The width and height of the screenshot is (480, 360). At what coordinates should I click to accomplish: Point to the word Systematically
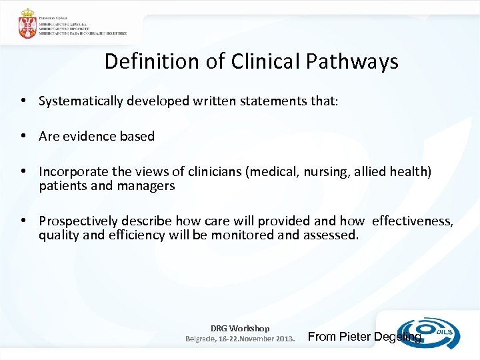click(83, 101)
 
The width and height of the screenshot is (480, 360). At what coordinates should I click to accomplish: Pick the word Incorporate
click(73, 173)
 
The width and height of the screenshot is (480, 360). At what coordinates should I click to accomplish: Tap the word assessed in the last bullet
click(331, 235)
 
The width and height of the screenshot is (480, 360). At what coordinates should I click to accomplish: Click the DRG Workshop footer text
click(240, 328)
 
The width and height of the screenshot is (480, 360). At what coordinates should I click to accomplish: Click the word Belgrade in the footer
click(199, 338)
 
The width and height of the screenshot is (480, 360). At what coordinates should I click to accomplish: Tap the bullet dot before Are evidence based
click(23, 137)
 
